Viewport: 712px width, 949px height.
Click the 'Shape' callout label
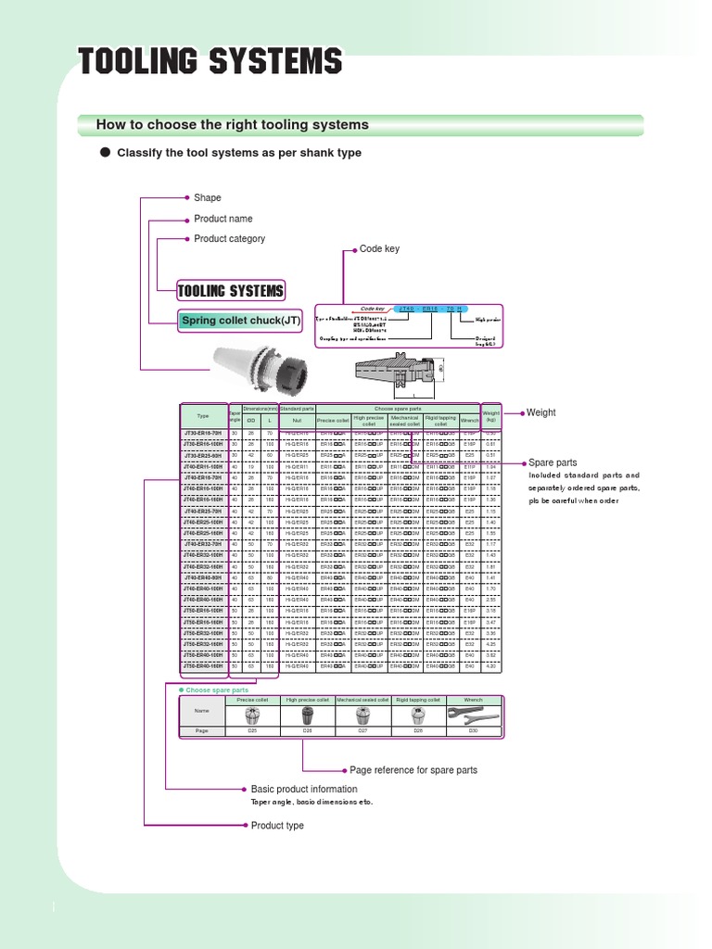pyautogui.click(x=208, y=198)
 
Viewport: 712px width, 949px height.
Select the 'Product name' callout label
pyautogui.click(x=222, y=219)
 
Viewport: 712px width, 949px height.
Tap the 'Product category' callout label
pyautogui.click(x=229, y=239)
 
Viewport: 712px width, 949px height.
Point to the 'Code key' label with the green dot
pyautogui.click(x=379, y=249)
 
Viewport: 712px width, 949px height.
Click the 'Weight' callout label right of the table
pyautogui.click(x=540, y=412)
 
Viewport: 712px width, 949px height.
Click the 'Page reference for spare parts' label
pyautogui.click(x=413, y=770)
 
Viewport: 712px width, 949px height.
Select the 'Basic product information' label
pyautogui.click(x=304, y=789)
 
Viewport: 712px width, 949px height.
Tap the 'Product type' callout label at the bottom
pyautogui.click(x=277, y=825)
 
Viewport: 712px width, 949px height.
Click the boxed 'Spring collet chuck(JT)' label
pyautogui.click(x=241, y=321)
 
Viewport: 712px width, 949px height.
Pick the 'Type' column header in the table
pyautogui.click(x=203, y=417)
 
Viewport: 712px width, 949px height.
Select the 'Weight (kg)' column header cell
pyautogui.click(x=490, y=417)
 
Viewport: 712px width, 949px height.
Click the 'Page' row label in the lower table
pyautogui.click(x=202, y=731)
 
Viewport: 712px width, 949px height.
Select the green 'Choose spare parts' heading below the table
pyautogui.click(x=217, y=690)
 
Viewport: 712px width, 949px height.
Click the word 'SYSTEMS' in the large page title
pyautogui.click(x=275, y=62)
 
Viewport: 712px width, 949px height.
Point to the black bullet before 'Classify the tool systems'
pyautogui.click(x=105, y=152)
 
